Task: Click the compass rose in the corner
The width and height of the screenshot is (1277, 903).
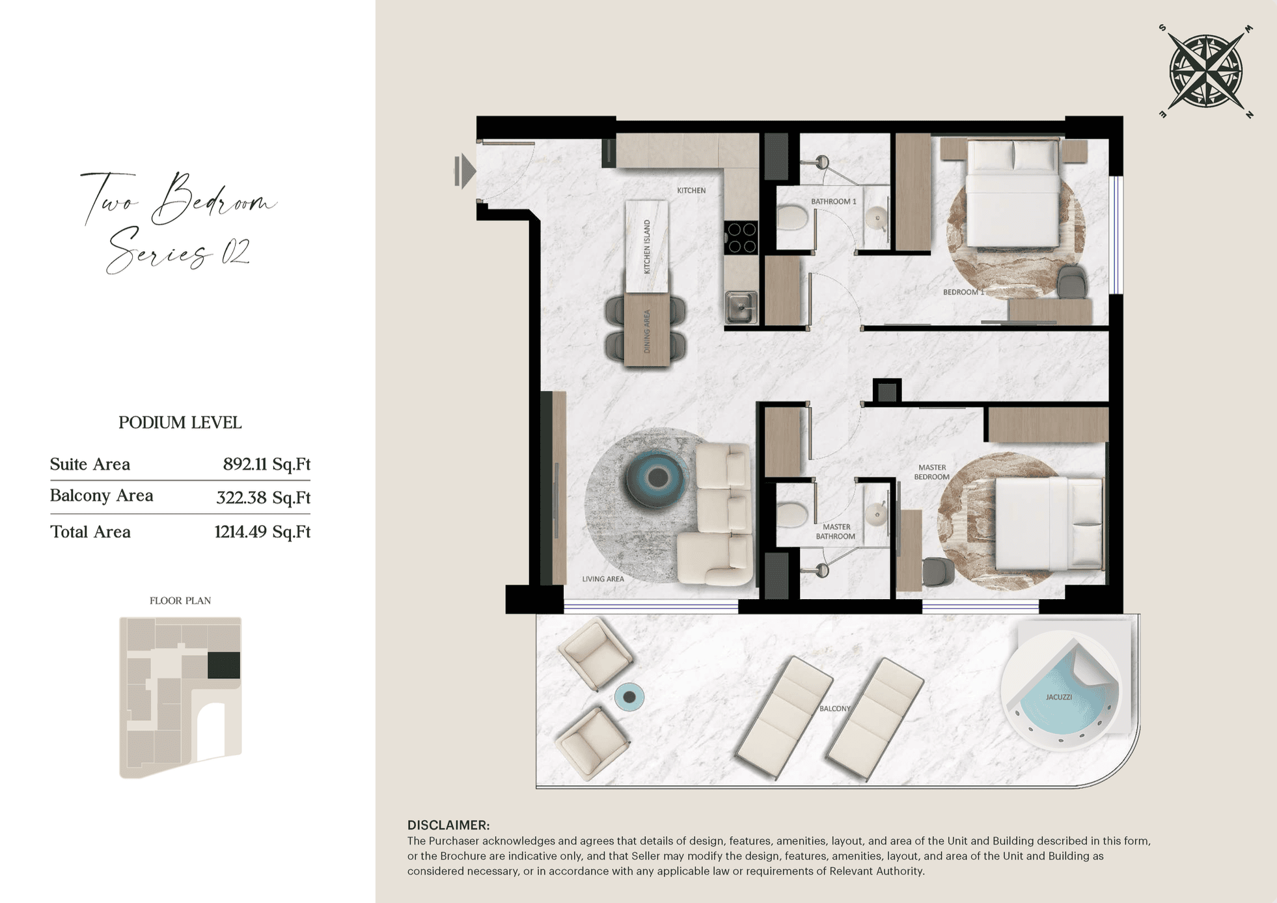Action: point(1206,71)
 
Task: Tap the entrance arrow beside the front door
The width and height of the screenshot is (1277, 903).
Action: point(465,172)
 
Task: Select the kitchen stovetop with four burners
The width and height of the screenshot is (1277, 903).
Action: point(741,237)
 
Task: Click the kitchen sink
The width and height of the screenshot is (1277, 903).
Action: point(741,307)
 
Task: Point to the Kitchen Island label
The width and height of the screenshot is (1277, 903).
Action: point(647,247)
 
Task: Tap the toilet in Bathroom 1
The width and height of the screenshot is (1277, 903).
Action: point(792,219)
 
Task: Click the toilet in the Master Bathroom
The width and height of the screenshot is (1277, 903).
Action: point(792,514)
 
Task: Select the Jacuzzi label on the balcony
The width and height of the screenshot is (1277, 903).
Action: point(1058,697)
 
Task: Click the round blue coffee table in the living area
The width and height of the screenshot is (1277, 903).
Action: point(656,478)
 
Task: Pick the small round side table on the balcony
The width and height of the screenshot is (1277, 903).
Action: point(629,697)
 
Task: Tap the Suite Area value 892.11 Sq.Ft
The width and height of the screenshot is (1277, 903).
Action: point(266,464)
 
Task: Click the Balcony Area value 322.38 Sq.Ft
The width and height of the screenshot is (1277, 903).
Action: point(263,498)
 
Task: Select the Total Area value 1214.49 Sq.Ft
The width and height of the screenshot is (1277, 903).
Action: point(262,532)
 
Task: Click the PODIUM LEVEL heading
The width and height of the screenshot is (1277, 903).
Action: point(180,423)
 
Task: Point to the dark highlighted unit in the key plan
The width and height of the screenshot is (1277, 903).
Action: point(224,666)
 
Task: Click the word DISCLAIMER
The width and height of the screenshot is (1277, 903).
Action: point(448,825)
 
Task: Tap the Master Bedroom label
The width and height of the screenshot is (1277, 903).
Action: point(932,472)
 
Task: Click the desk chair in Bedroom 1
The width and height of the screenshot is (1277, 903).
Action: point(1071,282)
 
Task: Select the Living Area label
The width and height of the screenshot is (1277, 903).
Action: point(603,579)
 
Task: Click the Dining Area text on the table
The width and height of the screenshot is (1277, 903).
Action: point(647,331)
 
